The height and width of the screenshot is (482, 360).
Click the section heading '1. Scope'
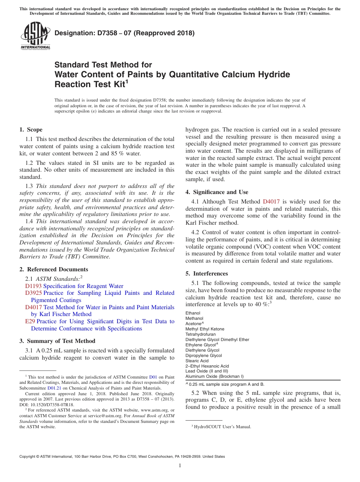[31, 130]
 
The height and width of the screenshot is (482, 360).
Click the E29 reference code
[30, 321]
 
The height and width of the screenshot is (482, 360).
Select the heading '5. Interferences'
[207, 274]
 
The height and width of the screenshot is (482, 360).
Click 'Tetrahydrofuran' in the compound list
[200, 335]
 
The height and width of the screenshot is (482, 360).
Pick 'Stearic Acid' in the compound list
[197, 361]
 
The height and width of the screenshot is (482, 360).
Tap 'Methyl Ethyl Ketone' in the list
[205, 329]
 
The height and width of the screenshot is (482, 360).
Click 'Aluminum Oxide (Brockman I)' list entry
[214, 377]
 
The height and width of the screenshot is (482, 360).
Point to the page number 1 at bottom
[180, 466]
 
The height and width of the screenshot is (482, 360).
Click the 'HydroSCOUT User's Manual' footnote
[222, 427]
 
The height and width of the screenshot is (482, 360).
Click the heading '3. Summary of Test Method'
[57, 341]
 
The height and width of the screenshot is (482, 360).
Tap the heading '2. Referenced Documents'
[53, 269]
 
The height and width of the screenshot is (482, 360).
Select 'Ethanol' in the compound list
[193, 313]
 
